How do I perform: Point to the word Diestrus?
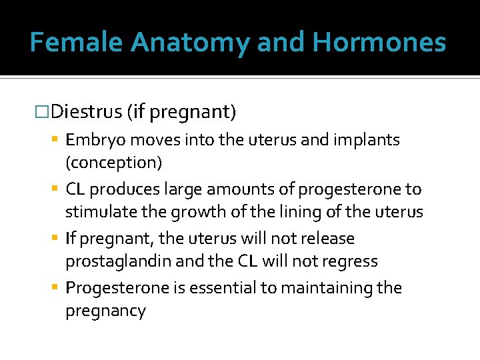click(x=86, y=111)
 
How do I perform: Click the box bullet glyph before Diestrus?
click(x=42, y=111)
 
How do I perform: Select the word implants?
click(x=371, y=140)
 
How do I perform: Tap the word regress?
click(x=351, y=261)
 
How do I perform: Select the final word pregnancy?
click(x=105, y=311)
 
